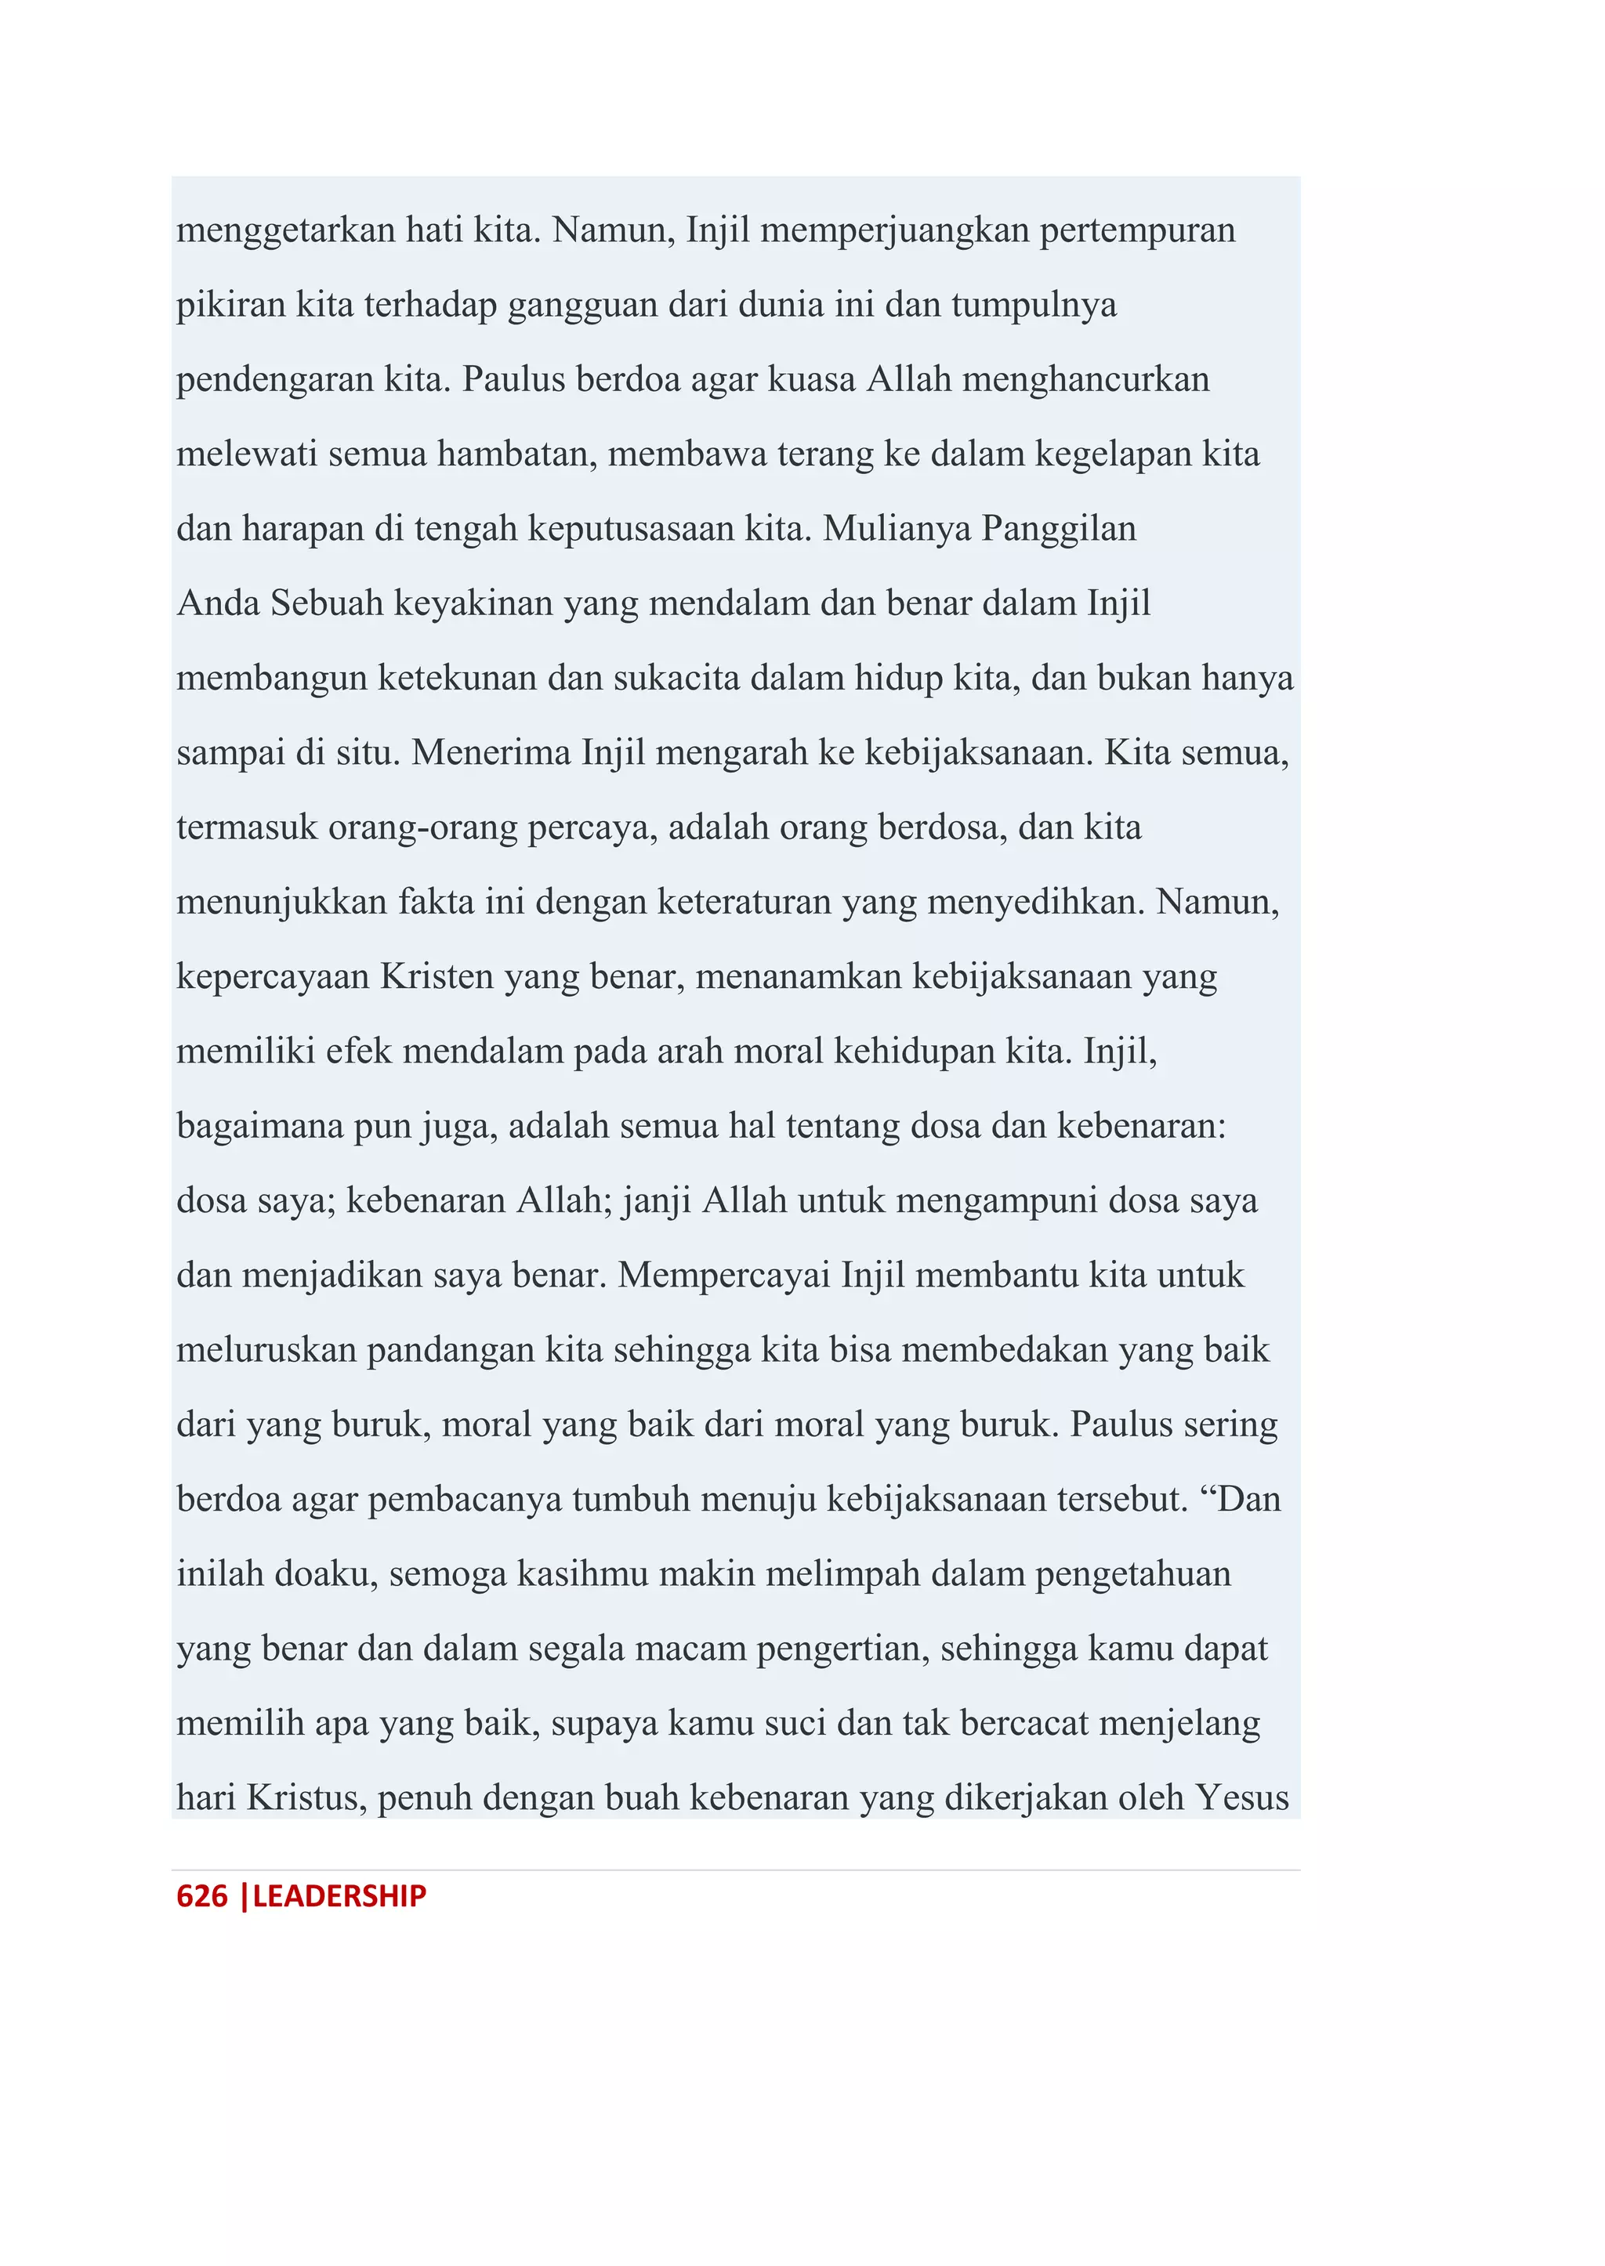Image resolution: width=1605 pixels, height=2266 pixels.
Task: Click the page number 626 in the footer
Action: point(201,1895)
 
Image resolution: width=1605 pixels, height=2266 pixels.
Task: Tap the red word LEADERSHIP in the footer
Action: point(339,1895)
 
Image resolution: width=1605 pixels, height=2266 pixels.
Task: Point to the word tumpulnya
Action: point(1034,304)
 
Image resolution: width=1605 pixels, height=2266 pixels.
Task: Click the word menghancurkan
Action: point(1085,379)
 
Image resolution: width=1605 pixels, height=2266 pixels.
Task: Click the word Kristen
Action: point(437,976)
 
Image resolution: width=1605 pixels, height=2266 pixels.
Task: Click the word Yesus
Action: point(1242,1797)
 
